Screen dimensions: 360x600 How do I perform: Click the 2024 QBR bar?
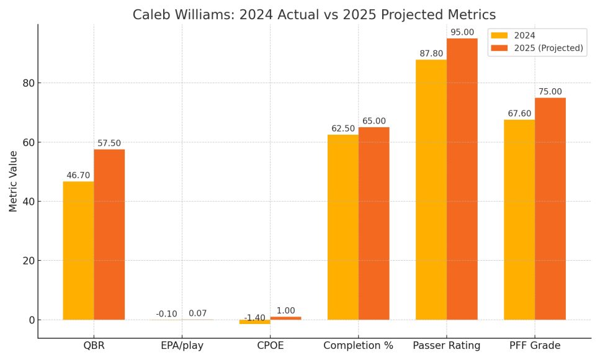coord(78,251)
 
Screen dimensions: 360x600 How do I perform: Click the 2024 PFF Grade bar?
coord(519,220)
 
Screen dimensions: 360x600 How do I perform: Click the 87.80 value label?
coord(431,54)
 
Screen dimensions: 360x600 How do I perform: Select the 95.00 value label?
coord(462,32)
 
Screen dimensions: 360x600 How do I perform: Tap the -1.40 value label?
coord(254,318)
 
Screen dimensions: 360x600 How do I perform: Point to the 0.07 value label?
coord(198,313)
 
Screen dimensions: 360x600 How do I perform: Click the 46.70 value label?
coord(78,176)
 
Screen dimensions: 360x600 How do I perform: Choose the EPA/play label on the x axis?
coord(182,345)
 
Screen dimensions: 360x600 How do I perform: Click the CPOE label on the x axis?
coord(270,345)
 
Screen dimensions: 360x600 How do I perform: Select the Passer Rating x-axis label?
coord(446,345)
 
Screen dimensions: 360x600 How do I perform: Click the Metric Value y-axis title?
coord(13,180)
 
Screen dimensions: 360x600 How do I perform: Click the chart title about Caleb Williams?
coord(315,14)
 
